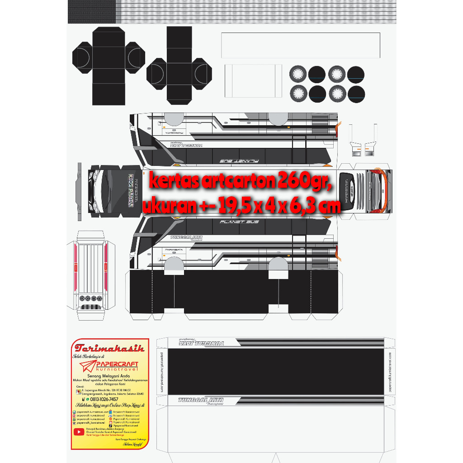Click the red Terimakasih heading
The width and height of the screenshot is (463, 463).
tap(110, 348)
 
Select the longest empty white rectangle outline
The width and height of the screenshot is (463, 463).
tap(300, 45)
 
